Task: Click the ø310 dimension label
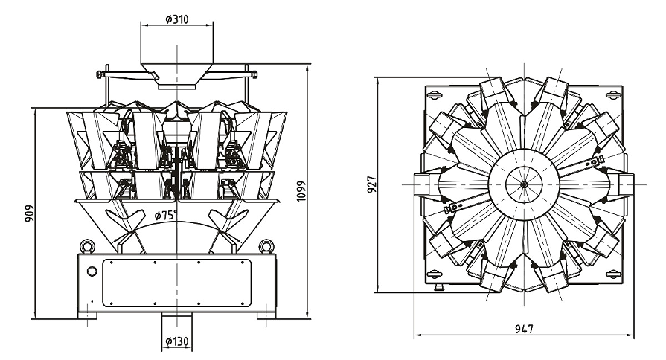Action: (x=176, y=19)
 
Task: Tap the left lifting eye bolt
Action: (x=87, y=245)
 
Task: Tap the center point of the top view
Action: (x=524, y=184)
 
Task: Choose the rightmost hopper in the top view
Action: (x=622, y=184)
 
